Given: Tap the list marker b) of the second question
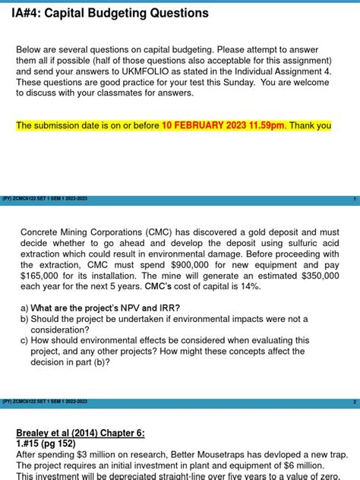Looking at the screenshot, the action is [x=25, y=319].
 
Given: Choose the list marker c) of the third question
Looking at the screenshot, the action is [x=25, y=341].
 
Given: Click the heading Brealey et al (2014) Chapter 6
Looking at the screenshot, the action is [x=80, y=432].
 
